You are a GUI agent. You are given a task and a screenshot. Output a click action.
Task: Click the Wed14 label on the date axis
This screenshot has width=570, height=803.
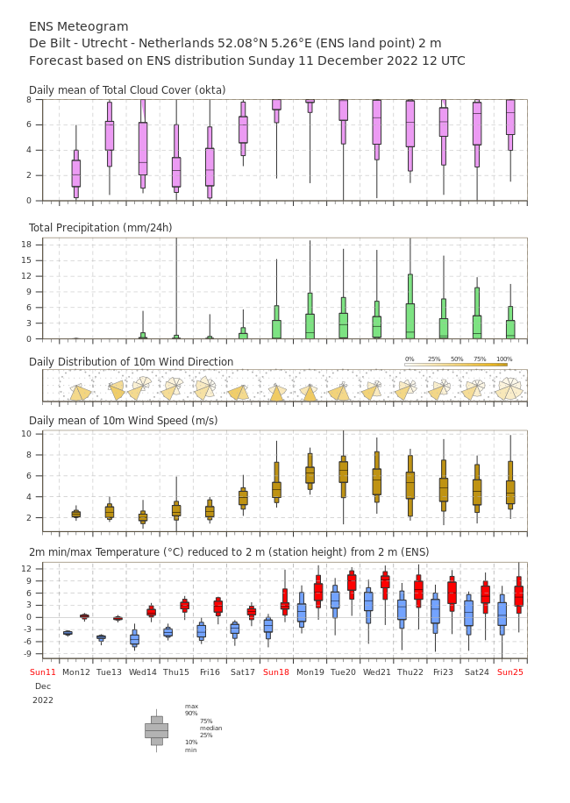142,672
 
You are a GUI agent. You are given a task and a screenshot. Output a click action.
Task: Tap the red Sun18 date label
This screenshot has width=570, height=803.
276,672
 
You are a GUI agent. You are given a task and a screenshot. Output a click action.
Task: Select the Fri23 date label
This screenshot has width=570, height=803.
443,672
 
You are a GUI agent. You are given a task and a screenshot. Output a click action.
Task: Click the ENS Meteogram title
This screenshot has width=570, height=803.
78,26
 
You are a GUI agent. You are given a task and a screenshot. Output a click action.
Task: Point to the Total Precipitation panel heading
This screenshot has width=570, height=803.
100,227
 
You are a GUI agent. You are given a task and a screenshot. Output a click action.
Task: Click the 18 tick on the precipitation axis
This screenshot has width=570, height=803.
26,245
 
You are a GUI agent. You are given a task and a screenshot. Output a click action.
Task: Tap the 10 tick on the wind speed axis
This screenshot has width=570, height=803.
26,434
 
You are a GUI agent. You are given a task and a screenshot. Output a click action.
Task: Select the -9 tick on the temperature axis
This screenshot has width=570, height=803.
25,653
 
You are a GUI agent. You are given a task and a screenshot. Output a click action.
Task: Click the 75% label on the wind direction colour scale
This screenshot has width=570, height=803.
480,359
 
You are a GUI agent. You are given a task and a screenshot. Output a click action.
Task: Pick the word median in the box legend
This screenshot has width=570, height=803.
211,728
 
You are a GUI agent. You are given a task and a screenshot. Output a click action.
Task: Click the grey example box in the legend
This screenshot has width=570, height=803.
157,731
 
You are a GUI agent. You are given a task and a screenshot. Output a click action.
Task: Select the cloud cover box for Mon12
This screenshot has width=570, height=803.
75,174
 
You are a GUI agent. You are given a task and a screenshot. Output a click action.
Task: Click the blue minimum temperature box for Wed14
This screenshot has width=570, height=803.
135,638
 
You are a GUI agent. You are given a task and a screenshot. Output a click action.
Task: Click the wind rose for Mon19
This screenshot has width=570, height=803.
309,392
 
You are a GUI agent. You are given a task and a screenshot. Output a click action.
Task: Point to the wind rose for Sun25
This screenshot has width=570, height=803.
509,388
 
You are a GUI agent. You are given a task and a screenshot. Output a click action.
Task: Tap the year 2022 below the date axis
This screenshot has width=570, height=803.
43,700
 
